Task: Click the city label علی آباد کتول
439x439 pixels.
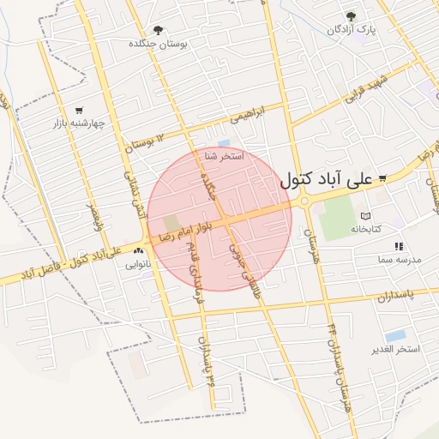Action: [x=327, y=180]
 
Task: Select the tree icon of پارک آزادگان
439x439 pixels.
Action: [x=350, y=16]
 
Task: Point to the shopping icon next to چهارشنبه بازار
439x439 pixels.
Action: [x=79, y=110]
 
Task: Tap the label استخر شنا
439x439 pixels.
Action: [x=224, y=157]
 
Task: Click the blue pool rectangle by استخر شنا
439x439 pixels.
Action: [x=225, y=143]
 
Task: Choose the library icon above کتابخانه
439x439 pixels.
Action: [x=366, y=216]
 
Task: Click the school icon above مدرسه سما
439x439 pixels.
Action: [x=399, y=246]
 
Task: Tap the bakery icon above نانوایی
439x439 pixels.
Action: [x=138, y=251]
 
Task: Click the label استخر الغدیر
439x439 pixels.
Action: [x=396, y=349]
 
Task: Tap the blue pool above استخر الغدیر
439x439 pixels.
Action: [x=395, y=335]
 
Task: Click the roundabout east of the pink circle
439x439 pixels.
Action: [x=304, y=201]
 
